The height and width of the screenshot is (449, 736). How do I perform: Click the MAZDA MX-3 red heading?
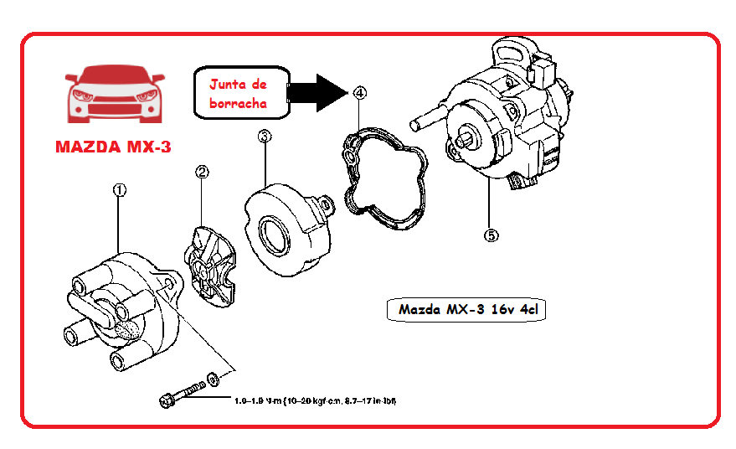(x=113, y=147)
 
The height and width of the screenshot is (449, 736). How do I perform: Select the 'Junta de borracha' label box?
(x=239, y=93)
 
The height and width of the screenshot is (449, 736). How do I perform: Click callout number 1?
(x=119, y=191)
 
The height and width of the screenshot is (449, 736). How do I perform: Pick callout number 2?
(x=202, y=172)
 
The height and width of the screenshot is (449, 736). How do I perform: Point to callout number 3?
(x=264, y=137)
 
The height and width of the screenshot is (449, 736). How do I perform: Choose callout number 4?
(x=359, y=92)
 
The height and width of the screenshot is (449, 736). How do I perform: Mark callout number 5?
(x=491, y=235)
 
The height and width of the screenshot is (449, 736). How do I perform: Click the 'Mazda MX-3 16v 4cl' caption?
(x=466, y=310)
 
